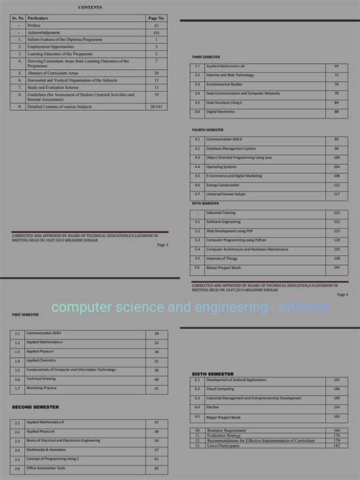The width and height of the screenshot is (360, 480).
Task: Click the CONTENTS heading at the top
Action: point(90,7)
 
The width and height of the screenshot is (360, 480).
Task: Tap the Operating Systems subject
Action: point(221,166)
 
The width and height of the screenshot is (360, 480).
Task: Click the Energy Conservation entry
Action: point(223,185)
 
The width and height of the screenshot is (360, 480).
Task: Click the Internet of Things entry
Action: point(222,258)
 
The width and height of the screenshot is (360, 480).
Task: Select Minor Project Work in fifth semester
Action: point(223,268)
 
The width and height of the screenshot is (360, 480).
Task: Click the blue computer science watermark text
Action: point(179,308)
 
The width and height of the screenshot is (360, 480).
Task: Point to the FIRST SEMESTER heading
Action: point(25,314)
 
